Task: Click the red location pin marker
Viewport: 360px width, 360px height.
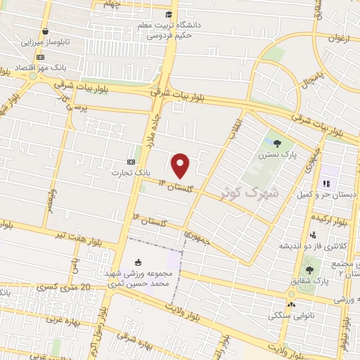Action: (181, 165)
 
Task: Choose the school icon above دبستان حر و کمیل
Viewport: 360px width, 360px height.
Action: (326, 184)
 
